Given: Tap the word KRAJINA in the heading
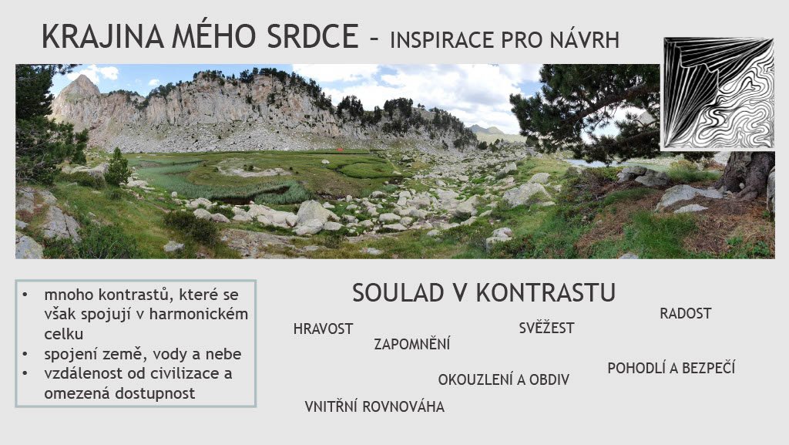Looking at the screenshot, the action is click(102, 37).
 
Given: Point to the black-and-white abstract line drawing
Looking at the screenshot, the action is click(718, 93).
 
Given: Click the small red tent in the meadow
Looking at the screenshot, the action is click(340, 150).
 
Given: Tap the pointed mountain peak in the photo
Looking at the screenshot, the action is click(80, 86).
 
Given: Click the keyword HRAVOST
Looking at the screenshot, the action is click(323, 329).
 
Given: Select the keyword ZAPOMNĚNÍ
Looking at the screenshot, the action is click(412, 344).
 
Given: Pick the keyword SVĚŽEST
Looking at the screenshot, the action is click(546, 328).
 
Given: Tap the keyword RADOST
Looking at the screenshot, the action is click(685, 314).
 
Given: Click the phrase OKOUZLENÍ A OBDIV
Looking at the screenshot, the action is click(504, 379).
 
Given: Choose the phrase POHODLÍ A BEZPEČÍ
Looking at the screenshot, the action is click(671, 368).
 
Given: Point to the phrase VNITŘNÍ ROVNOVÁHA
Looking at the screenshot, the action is click(374, 406).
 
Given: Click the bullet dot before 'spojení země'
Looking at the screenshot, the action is click(25, 355).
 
